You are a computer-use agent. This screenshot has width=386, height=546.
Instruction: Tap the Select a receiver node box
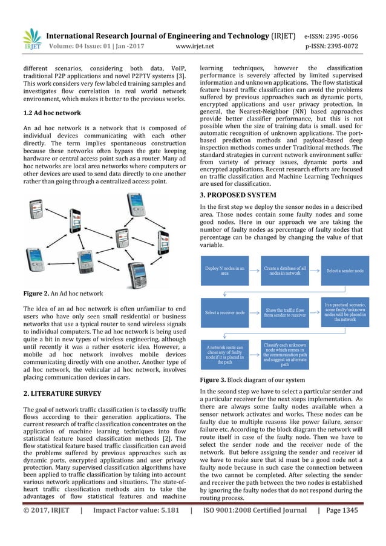pyautogui.click(x=224, y=312)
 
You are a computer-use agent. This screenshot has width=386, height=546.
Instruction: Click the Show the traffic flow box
pyautogui.click(x=285, y=312)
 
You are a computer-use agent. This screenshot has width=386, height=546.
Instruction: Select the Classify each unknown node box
pyautogui.click(x=285, y=354)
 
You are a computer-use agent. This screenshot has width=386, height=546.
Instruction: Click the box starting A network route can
pyautogui.click(x=224, y=354)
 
